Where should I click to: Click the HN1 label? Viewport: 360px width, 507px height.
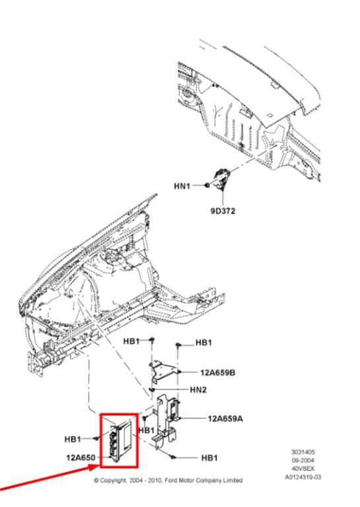tap(182, 186)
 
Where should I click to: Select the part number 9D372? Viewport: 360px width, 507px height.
tap(223, 211)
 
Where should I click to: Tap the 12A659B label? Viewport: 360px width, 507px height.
tap(218, 372)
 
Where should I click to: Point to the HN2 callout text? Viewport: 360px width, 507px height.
tap(198, 389)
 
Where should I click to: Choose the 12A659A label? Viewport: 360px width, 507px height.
tap(225, 419)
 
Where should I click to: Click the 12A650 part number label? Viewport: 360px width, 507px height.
tap(81, 457)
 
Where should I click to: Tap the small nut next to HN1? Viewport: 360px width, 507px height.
tap(206, 186)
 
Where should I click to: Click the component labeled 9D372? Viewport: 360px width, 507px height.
tap(220, 178)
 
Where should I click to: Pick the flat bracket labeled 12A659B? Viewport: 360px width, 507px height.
tap(162, 371)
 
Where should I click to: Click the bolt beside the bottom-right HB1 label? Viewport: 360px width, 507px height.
tap(173, 457)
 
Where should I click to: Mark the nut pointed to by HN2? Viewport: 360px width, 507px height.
tap(153, 389)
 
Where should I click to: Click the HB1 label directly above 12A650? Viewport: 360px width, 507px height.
tap(73, 439)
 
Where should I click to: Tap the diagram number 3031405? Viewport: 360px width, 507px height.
tap(303, 452)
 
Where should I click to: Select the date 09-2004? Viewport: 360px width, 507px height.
tap(303, 460)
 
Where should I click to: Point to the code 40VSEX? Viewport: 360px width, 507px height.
tap(303, 469)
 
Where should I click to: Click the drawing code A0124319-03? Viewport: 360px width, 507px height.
tap(303, 477)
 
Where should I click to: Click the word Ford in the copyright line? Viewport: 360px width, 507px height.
tap(171, 481)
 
